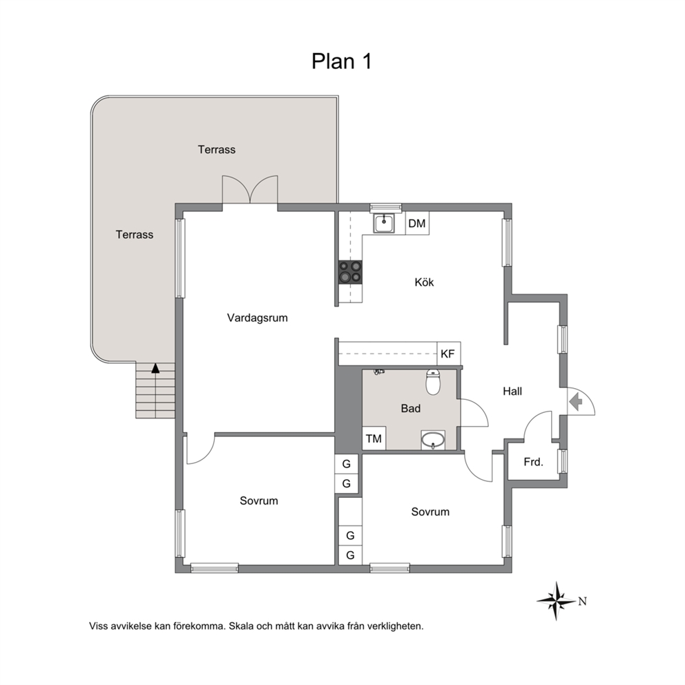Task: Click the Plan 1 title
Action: [341, 61]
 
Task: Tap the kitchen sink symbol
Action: [383, 223]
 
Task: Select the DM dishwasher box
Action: [417, 223]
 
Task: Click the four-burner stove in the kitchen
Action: [350, 272]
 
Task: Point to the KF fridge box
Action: [449, 354]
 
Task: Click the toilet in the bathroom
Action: [433, 382]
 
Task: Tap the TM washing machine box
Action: [374, 438]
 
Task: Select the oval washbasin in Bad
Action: [433, 439]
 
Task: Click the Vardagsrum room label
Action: [258, 318]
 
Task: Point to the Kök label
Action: [424, 282]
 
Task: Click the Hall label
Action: [512, 391]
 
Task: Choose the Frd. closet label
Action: [533, 462]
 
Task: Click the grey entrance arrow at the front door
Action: [576, 401]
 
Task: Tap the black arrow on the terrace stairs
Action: [155, 368]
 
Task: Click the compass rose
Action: [556, 601]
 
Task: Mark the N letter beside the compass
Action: [582, 601]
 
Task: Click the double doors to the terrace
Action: [250, 190]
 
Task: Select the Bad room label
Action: [411, 409]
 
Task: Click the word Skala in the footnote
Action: [242, 626]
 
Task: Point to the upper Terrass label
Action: [217, 149]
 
